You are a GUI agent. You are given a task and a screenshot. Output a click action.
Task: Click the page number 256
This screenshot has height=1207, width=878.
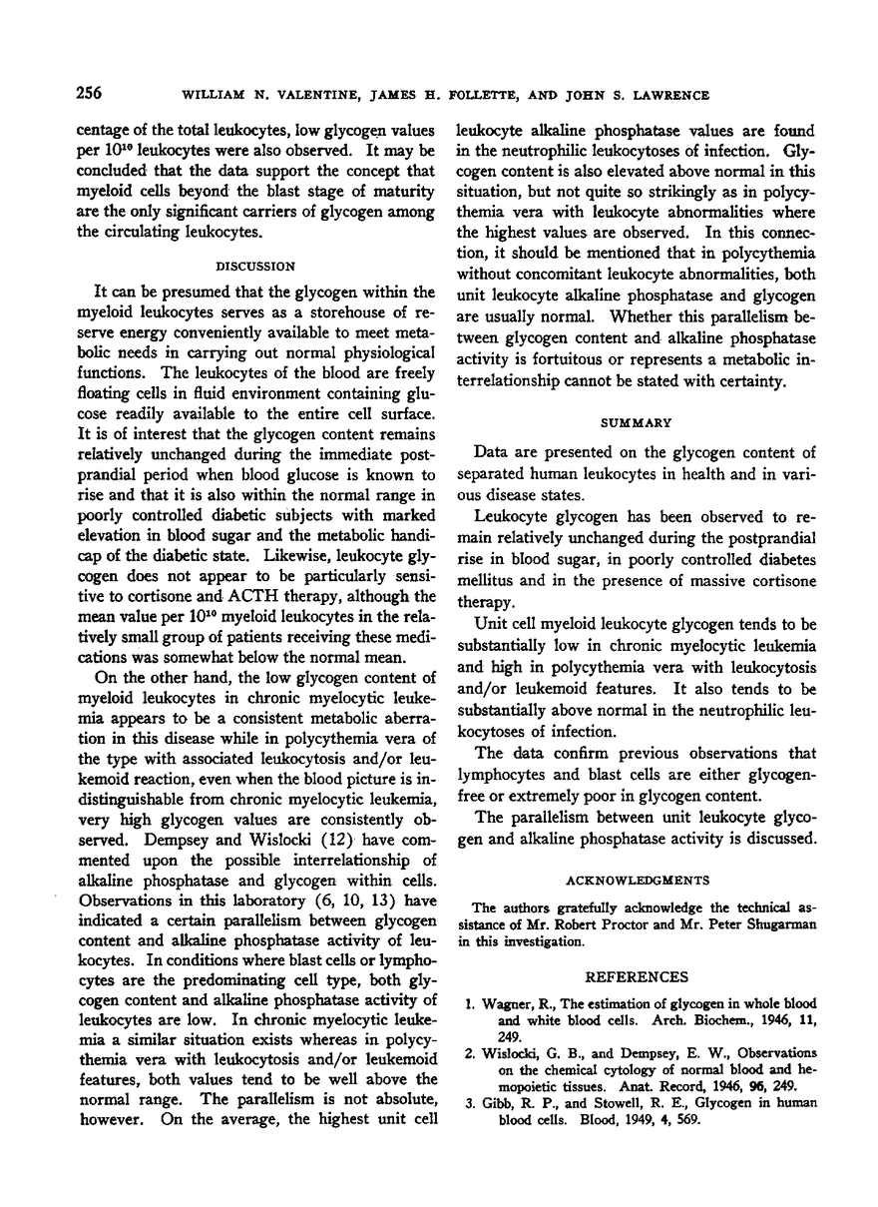[87, 94]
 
